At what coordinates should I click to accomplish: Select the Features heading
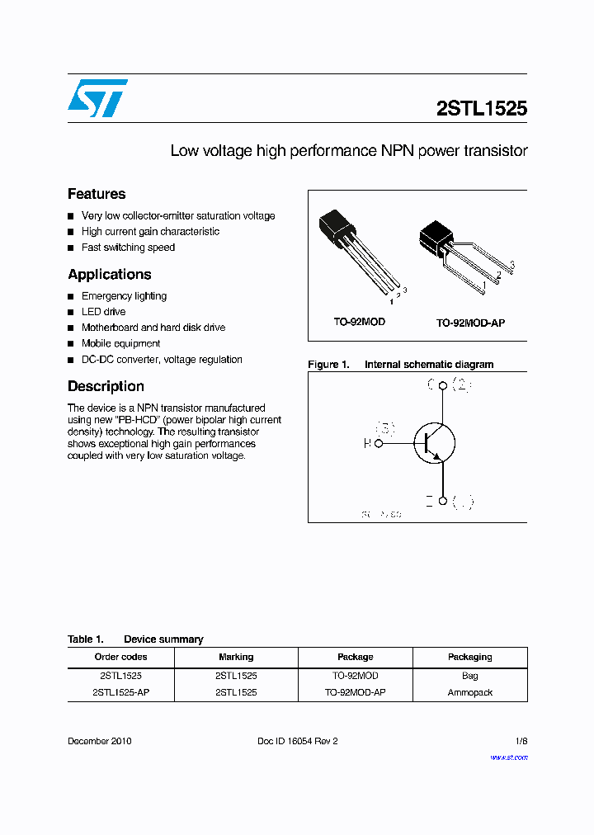(97, 194)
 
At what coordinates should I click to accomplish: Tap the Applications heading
(109, 274)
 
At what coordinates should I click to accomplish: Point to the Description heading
(106, 386)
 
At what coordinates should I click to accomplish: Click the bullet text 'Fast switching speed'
(128, 248)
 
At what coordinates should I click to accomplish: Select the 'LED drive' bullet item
(103, 312)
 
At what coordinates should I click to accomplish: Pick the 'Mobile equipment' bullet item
(120, 343)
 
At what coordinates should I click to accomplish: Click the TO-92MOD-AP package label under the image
(470, 323)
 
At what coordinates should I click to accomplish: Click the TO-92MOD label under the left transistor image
(359, 322)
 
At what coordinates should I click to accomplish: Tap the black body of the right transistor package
(435, 237)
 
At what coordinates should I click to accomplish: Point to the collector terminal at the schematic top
(444, 385)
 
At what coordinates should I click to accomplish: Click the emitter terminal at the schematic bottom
(444, 501)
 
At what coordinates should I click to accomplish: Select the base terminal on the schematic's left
(379, 443)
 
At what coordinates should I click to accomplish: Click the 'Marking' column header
(236, 657)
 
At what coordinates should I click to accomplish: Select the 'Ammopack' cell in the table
(469, 692)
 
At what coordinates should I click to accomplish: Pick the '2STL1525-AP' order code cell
(120, 692)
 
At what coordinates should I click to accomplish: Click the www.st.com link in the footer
(508, 757)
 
